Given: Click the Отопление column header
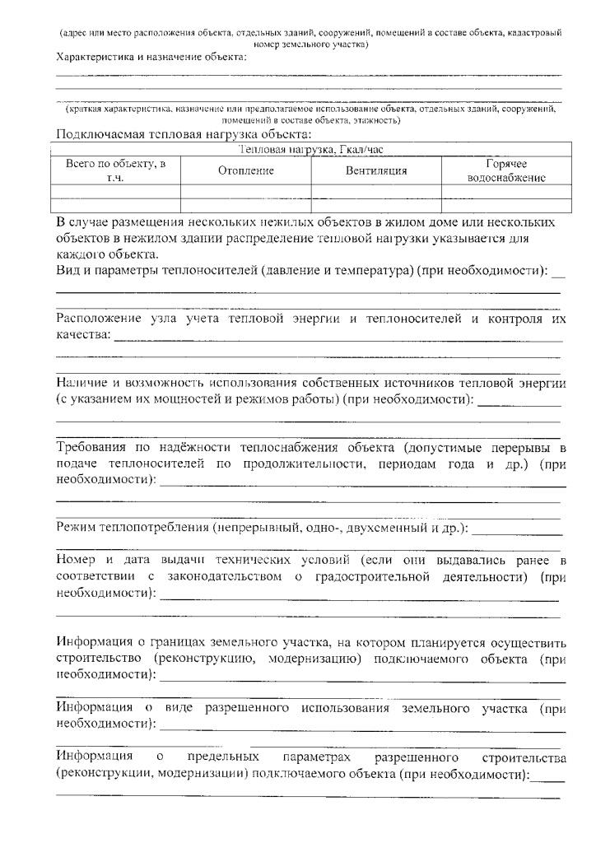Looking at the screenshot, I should tap(245, 170).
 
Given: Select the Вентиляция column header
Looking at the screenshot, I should tap(376, 170).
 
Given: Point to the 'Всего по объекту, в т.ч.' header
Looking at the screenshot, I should tap(115, 170).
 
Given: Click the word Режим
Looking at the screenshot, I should tap(75, 527).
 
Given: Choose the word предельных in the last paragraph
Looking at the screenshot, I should tap(214, 756).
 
